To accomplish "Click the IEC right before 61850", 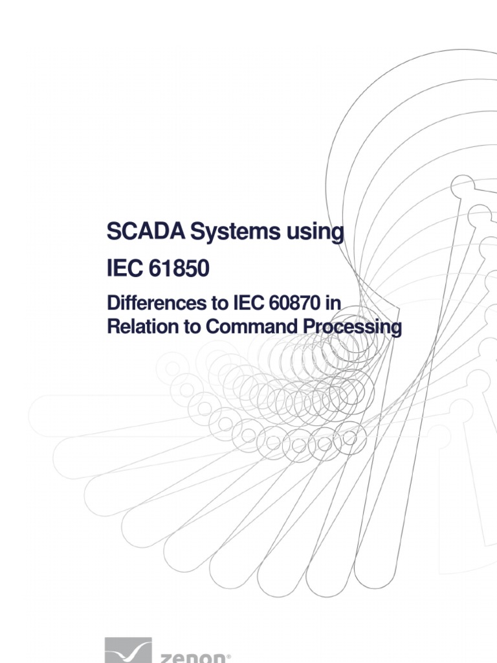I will point(124,268).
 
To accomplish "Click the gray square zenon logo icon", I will point(128,651).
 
